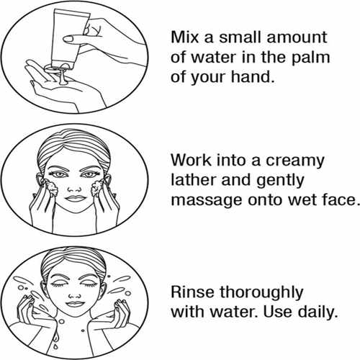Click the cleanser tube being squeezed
[x=68, y=38]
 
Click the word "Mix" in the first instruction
[x=185, y=37]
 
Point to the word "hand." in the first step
[x=253, y=77]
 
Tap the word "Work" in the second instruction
[x=191, y=160]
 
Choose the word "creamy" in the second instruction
[x=295, y=162]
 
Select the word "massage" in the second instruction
[x=207, y=201]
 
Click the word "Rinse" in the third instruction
[x=192, y=292]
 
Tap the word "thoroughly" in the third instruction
[x=261, y=294]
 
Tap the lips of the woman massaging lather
[x=76, y=199]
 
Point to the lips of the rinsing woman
[x=76, y=304]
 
